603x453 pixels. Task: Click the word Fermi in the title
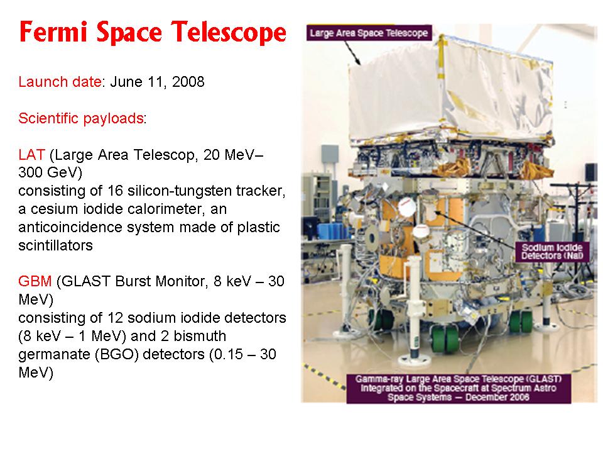[53, 31]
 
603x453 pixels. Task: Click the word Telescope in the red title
[229, 31]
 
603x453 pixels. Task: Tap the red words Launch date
[60, 82]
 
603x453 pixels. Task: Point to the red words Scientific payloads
[81, 118]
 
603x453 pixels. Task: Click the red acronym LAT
[31, 155]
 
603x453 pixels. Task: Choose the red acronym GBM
[35, 281]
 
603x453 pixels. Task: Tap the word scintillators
[56, 245]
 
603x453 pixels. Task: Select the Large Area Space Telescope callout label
[369, 33]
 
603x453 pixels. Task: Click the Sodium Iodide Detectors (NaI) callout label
[552, 252]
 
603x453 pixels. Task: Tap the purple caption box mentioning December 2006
[459, 388]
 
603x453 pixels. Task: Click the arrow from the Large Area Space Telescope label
[352, 53]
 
